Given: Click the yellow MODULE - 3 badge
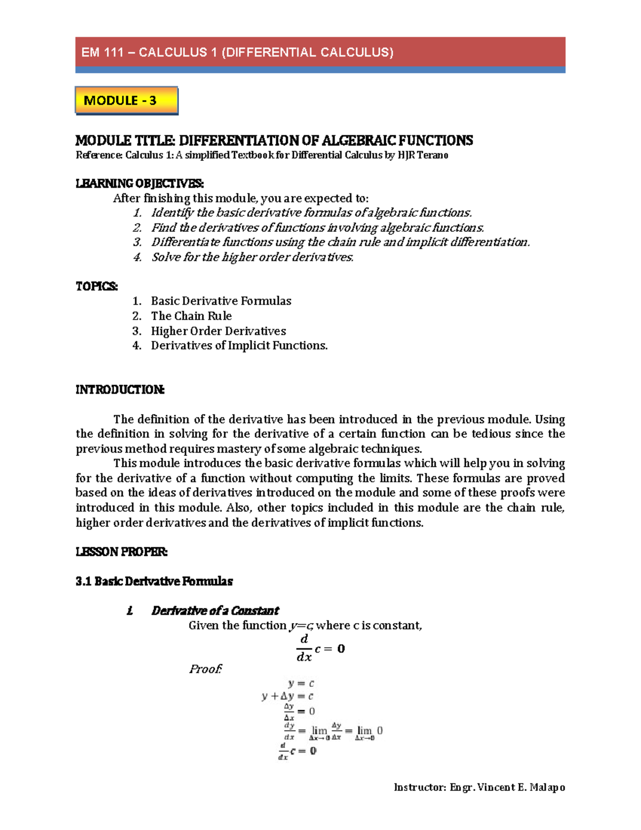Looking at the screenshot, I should coord(126,100).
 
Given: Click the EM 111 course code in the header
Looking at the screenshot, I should coord(103,52).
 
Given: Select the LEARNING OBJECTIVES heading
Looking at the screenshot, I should coord(139,183).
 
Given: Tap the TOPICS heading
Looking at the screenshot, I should coord(97,286).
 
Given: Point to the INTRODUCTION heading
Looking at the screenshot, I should coord(120,390).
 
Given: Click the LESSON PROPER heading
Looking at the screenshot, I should coord(121,552).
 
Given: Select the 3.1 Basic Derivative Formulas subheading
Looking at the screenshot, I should coord(154,581).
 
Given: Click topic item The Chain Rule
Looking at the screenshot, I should coord(191,316).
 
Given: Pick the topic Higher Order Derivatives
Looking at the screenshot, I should coord(218,331).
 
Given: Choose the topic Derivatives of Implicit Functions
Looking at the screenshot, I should coord(239,345).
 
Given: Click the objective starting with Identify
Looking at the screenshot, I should coord(311,213).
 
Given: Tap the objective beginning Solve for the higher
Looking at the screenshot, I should coord(252,257).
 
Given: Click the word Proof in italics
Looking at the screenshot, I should coord(205,669).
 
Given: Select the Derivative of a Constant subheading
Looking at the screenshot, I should coord(215,610).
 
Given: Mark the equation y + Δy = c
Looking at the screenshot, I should coord(287,696).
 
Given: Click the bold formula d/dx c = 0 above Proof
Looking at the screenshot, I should coord(320,648).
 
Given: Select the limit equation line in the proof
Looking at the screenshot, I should coord(332,731).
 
